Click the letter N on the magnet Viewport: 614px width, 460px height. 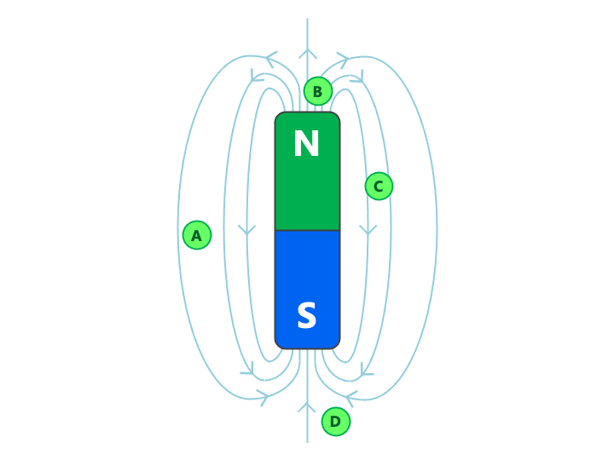click(306, 145)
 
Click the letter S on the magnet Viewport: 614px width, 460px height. click(306, 317)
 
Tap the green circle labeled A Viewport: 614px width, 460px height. click(197, 235)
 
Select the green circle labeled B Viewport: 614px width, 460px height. click(317, 91)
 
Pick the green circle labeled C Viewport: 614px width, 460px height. click(379, 186)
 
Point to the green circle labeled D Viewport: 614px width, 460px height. click(336, 421)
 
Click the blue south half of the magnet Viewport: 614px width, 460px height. click(307, 273)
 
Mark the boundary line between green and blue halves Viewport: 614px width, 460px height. click(307, 230)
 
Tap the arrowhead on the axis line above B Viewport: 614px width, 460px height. click(307, 53)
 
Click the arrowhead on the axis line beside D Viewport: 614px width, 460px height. click(307, 407)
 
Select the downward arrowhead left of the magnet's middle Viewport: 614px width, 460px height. click(247, 230)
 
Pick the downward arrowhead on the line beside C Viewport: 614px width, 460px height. click(368, 230)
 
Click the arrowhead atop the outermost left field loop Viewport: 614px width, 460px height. click(270, 58)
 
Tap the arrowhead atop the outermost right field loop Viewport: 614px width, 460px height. click(344, 59)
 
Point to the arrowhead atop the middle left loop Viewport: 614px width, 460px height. click(256, 78)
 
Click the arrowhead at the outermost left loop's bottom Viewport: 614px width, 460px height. click(264, 396)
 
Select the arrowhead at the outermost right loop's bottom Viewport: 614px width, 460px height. click(350, 396)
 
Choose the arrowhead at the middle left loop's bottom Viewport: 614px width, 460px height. click(248, 371)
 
